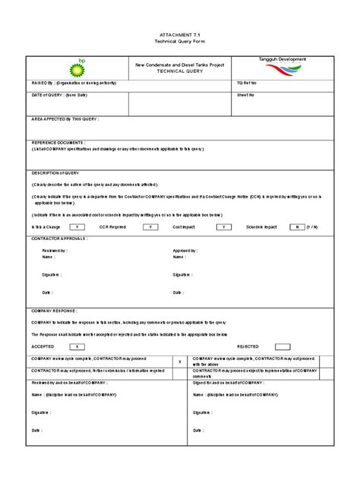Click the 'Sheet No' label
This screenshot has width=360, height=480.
(x=245, y=96)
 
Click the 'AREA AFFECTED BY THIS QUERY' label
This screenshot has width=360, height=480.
(x=65, y=119)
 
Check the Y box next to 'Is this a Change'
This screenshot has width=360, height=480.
(x=77, y=227)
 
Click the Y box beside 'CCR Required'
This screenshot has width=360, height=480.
(x=150, y=227)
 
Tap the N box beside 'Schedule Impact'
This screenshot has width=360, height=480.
(x=295, y=227)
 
